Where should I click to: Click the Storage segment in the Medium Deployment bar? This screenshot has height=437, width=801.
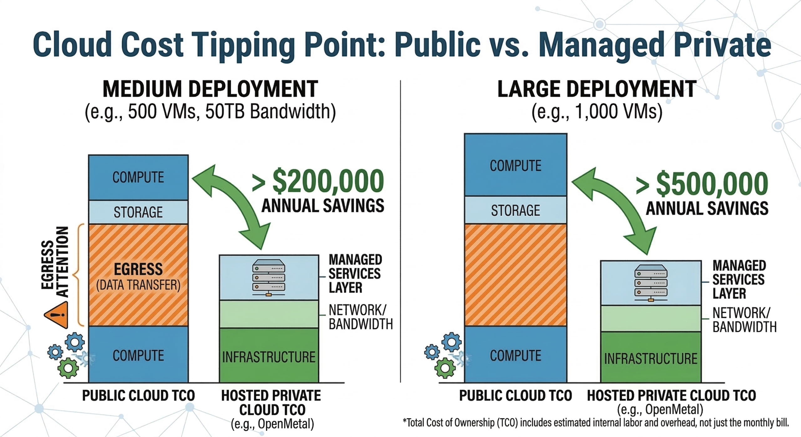[138, 212]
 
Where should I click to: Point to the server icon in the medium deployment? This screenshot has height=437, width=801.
[269, 277]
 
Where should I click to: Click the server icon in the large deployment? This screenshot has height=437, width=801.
[651, 283]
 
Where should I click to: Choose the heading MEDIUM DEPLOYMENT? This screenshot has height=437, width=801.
[210, 89]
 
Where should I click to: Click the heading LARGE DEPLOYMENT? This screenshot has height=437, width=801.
[597, 89]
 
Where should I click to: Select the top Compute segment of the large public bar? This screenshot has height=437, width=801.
[516, 165]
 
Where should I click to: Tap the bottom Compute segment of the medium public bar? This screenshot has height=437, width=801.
[138, 355]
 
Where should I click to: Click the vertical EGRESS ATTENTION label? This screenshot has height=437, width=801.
[55, 262]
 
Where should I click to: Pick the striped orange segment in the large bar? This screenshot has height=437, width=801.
[516, 275]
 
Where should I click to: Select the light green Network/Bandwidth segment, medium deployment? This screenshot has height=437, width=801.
[269, 314]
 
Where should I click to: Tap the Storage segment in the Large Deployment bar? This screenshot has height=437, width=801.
[516, 210]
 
